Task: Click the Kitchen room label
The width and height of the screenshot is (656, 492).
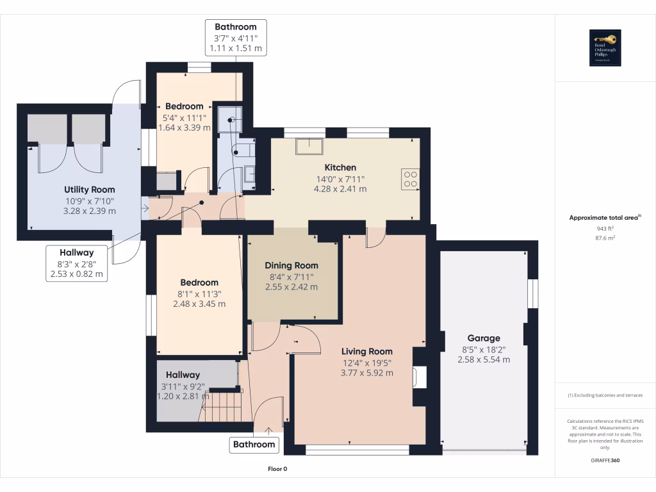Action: (x=340, y=167)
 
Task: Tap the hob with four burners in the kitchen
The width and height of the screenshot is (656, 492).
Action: (x=410, y=179)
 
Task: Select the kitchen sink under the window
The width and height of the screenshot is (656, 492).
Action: (x=310, y=145)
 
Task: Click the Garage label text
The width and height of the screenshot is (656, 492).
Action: (x=484, y=338)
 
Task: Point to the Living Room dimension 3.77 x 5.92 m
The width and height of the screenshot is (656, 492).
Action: (x=367, y=373)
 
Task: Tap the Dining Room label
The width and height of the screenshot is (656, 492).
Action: (x=291, y=265)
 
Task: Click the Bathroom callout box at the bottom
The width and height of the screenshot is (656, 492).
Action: (x=254, y=444)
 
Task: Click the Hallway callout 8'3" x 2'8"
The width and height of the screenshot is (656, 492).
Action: (x=77, y=263)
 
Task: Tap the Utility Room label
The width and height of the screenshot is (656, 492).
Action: (x=90, y=189)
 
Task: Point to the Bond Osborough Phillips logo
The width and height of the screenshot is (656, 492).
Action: (x=605, y=48)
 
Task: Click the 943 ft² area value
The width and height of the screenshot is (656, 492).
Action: (x=605, y=228)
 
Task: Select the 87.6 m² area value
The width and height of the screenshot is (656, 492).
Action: (x=605, y=238)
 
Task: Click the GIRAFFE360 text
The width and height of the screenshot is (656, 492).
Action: (x=605, y=461)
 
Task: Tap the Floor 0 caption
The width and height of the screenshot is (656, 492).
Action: (x=277, y=469)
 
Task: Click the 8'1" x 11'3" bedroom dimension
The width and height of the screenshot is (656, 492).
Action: (x=199, y=293)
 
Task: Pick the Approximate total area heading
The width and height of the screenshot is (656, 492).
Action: (x=604, y=218)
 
